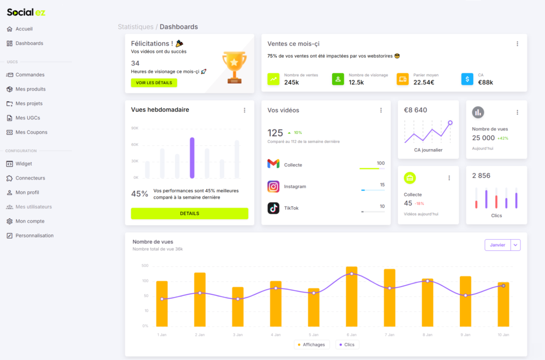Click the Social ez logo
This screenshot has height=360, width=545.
pyautogui.click(x=26, y=12)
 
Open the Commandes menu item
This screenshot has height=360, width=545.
pyautogui.click(x=30, y=75)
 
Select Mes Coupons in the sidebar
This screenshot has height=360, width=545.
pyautogui.click(x=31, y=132)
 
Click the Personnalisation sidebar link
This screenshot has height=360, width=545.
pyautogui.click(x=34, y=235)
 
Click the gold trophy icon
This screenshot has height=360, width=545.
pyautogui.click(x=234, y=67)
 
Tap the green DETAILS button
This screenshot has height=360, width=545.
pyautogui.click(x=189, y=214)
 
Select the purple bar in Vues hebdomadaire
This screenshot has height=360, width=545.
pyautogui.click(x=192, y=158)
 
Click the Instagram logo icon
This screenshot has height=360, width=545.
pyautogui.click(x=273, y=186)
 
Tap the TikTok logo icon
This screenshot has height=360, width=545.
pyautogui.click(x=273, y=208)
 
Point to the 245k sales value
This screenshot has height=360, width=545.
pyautogui.click(x=292, y=83)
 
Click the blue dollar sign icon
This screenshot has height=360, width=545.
pyautogui.click(x=467, y=79)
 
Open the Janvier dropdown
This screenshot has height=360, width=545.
pyautogui.click(x=502, y=245)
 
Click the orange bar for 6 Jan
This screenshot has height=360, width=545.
pyautogui.click(x=351, y=296)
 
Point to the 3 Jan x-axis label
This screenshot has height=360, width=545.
pyautogui.click(x=237, y=335)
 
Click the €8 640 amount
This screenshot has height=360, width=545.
pyautogui.click(x=416, y=110)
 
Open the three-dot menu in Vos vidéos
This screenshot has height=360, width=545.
pyautogui.click(x=381, y=110)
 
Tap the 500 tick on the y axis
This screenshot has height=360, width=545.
pyautogui.click(x=145, y=266)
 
